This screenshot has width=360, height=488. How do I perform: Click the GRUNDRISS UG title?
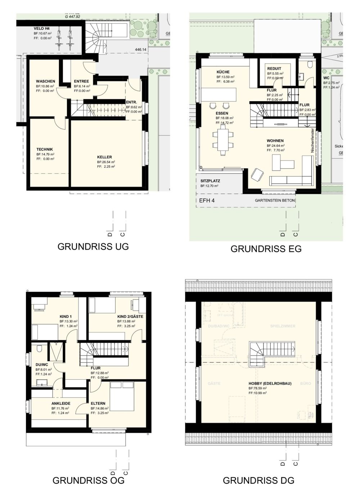(x=93, y=247)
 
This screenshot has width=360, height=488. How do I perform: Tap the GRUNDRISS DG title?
(x=258, y=480)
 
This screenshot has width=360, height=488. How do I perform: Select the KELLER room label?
(x=104, y=157)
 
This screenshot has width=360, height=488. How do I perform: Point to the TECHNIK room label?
(x=45, y=149)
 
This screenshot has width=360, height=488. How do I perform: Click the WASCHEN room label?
(x=45, y=81)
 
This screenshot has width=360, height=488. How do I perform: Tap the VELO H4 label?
(x=41, y=28)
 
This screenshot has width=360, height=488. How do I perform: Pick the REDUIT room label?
(x=274, y=68)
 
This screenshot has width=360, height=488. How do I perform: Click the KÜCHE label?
(x=223, y=72)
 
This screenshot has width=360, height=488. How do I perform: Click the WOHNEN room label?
(x=275, y=141)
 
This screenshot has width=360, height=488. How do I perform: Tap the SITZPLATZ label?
(x=210, y=181)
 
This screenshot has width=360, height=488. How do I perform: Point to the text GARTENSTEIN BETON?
(x=275, y=200)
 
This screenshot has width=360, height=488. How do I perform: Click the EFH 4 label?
(x=207, y=200)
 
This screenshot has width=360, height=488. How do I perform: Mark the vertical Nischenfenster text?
(x=313, y=140)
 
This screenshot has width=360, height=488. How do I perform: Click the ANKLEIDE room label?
(x=61, y=403)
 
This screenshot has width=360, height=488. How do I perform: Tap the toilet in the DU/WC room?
(x=40, y=348)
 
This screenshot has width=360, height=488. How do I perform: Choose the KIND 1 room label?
(x=66, y=316)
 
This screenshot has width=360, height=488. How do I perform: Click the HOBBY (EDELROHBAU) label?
(x=270, y=384)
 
